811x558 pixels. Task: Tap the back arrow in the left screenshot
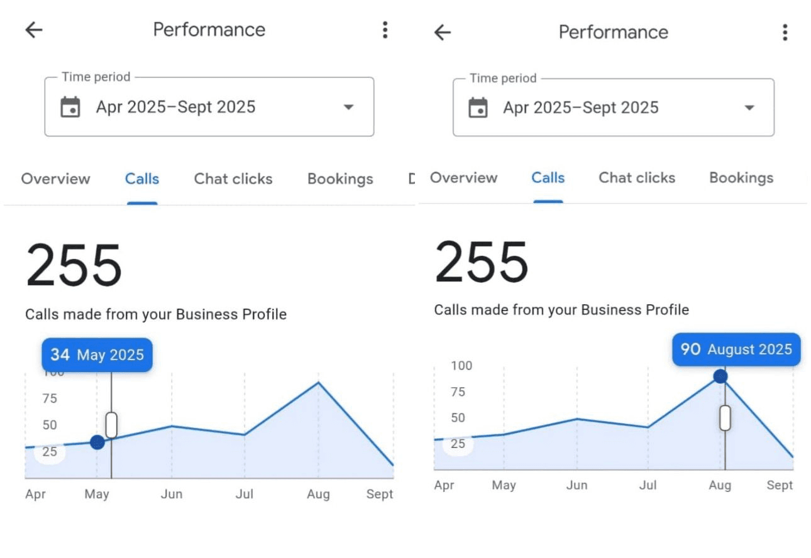click(x=33, y=30)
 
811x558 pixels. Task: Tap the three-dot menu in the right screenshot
click(x=785, y=32)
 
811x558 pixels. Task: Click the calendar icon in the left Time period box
click(x=70, y=107)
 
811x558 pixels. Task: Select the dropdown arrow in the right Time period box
click(x=749, y=108)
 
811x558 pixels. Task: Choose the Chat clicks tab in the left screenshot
click(x=233, y=179)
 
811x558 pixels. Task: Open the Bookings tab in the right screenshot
click(x=741, y=178)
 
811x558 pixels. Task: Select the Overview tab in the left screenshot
click(x=55, y=179)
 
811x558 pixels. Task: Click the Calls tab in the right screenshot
click(x=548, y=178)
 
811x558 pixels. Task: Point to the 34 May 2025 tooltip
click(x=97, y=355)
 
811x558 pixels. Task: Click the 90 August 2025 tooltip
click(x=736, y=349)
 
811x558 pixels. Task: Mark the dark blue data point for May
click(x=97, y=442)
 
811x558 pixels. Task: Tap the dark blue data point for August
click(x=720, y=376)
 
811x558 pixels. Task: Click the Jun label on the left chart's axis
click(x=172, y=495)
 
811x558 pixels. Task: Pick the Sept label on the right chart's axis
click(x=780, y=485)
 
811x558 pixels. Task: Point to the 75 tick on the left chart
click(x=50, y=398)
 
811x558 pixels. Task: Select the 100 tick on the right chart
click(x=461, y=366)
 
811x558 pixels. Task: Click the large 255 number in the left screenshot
click(x=74, y=266)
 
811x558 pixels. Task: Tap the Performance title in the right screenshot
click(x=613, y=32)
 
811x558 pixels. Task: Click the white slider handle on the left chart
click(x=111, y=425)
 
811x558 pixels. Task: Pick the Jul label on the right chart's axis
click(x=648, y=485)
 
